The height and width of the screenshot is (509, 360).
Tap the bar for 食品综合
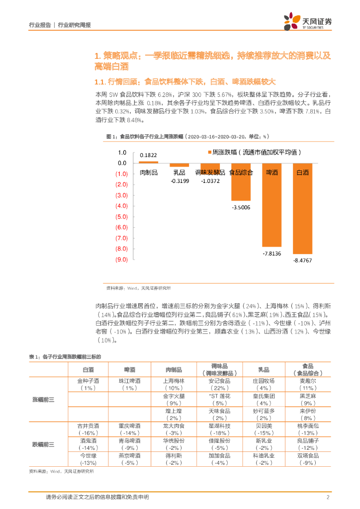point(241,189)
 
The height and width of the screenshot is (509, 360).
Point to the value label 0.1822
point(148,155)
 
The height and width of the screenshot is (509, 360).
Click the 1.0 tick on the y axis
point(122,153)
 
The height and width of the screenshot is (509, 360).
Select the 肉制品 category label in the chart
point(149,172)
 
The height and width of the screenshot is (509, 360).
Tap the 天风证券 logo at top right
point(308,22)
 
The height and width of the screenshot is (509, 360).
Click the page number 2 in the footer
point(328,498)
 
